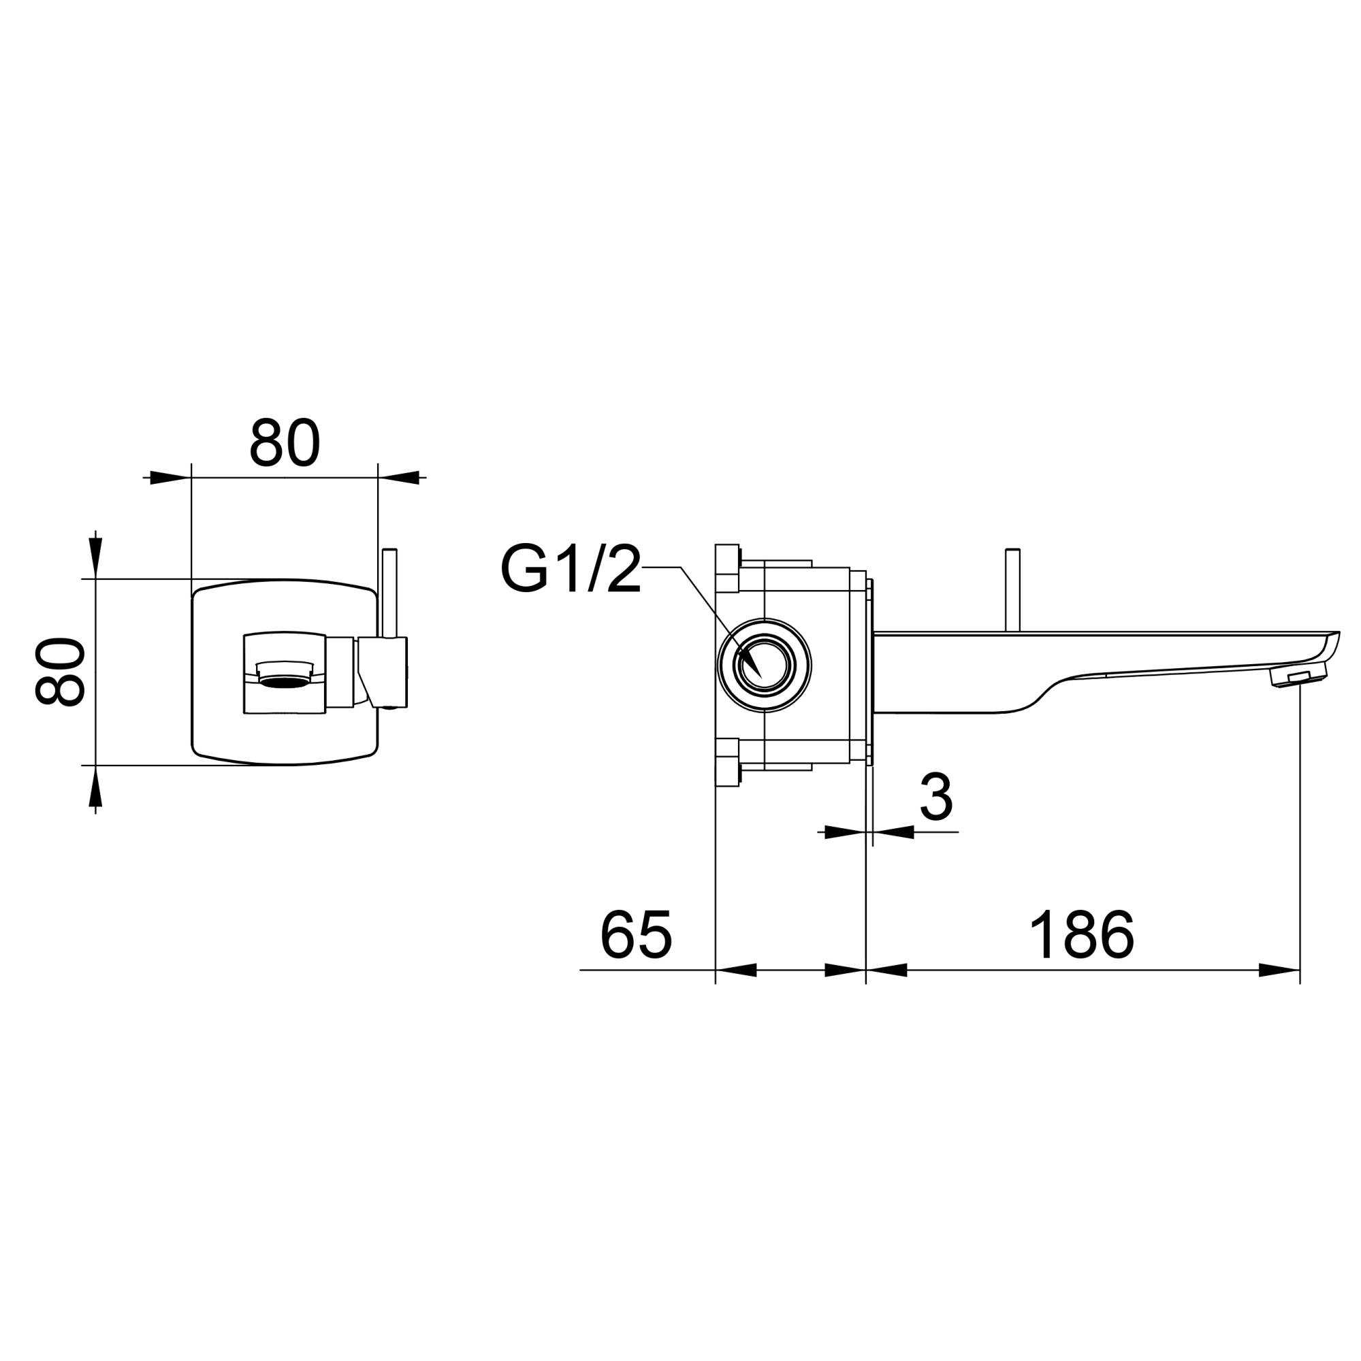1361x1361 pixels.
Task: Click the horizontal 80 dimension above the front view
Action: (x=285, y=443)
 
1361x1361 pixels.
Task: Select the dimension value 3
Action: (x=936, y=798)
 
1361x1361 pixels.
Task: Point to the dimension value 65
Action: (x=636, y=935)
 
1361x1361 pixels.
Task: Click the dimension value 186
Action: (x=1082, y=935)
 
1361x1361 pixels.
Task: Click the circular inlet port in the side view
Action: (x=764, y=665)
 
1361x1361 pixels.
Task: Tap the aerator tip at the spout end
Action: (x=1298, y=677)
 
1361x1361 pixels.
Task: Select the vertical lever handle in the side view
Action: (x=1013, y=589)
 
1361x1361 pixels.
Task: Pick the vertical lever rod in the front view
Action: (x=389, y=592)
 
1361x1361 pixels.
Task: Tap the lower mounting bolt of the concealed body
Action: (x=727, y=762)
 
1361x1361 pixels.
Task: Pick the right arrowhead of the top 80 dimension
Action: (x=398, y=478)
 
